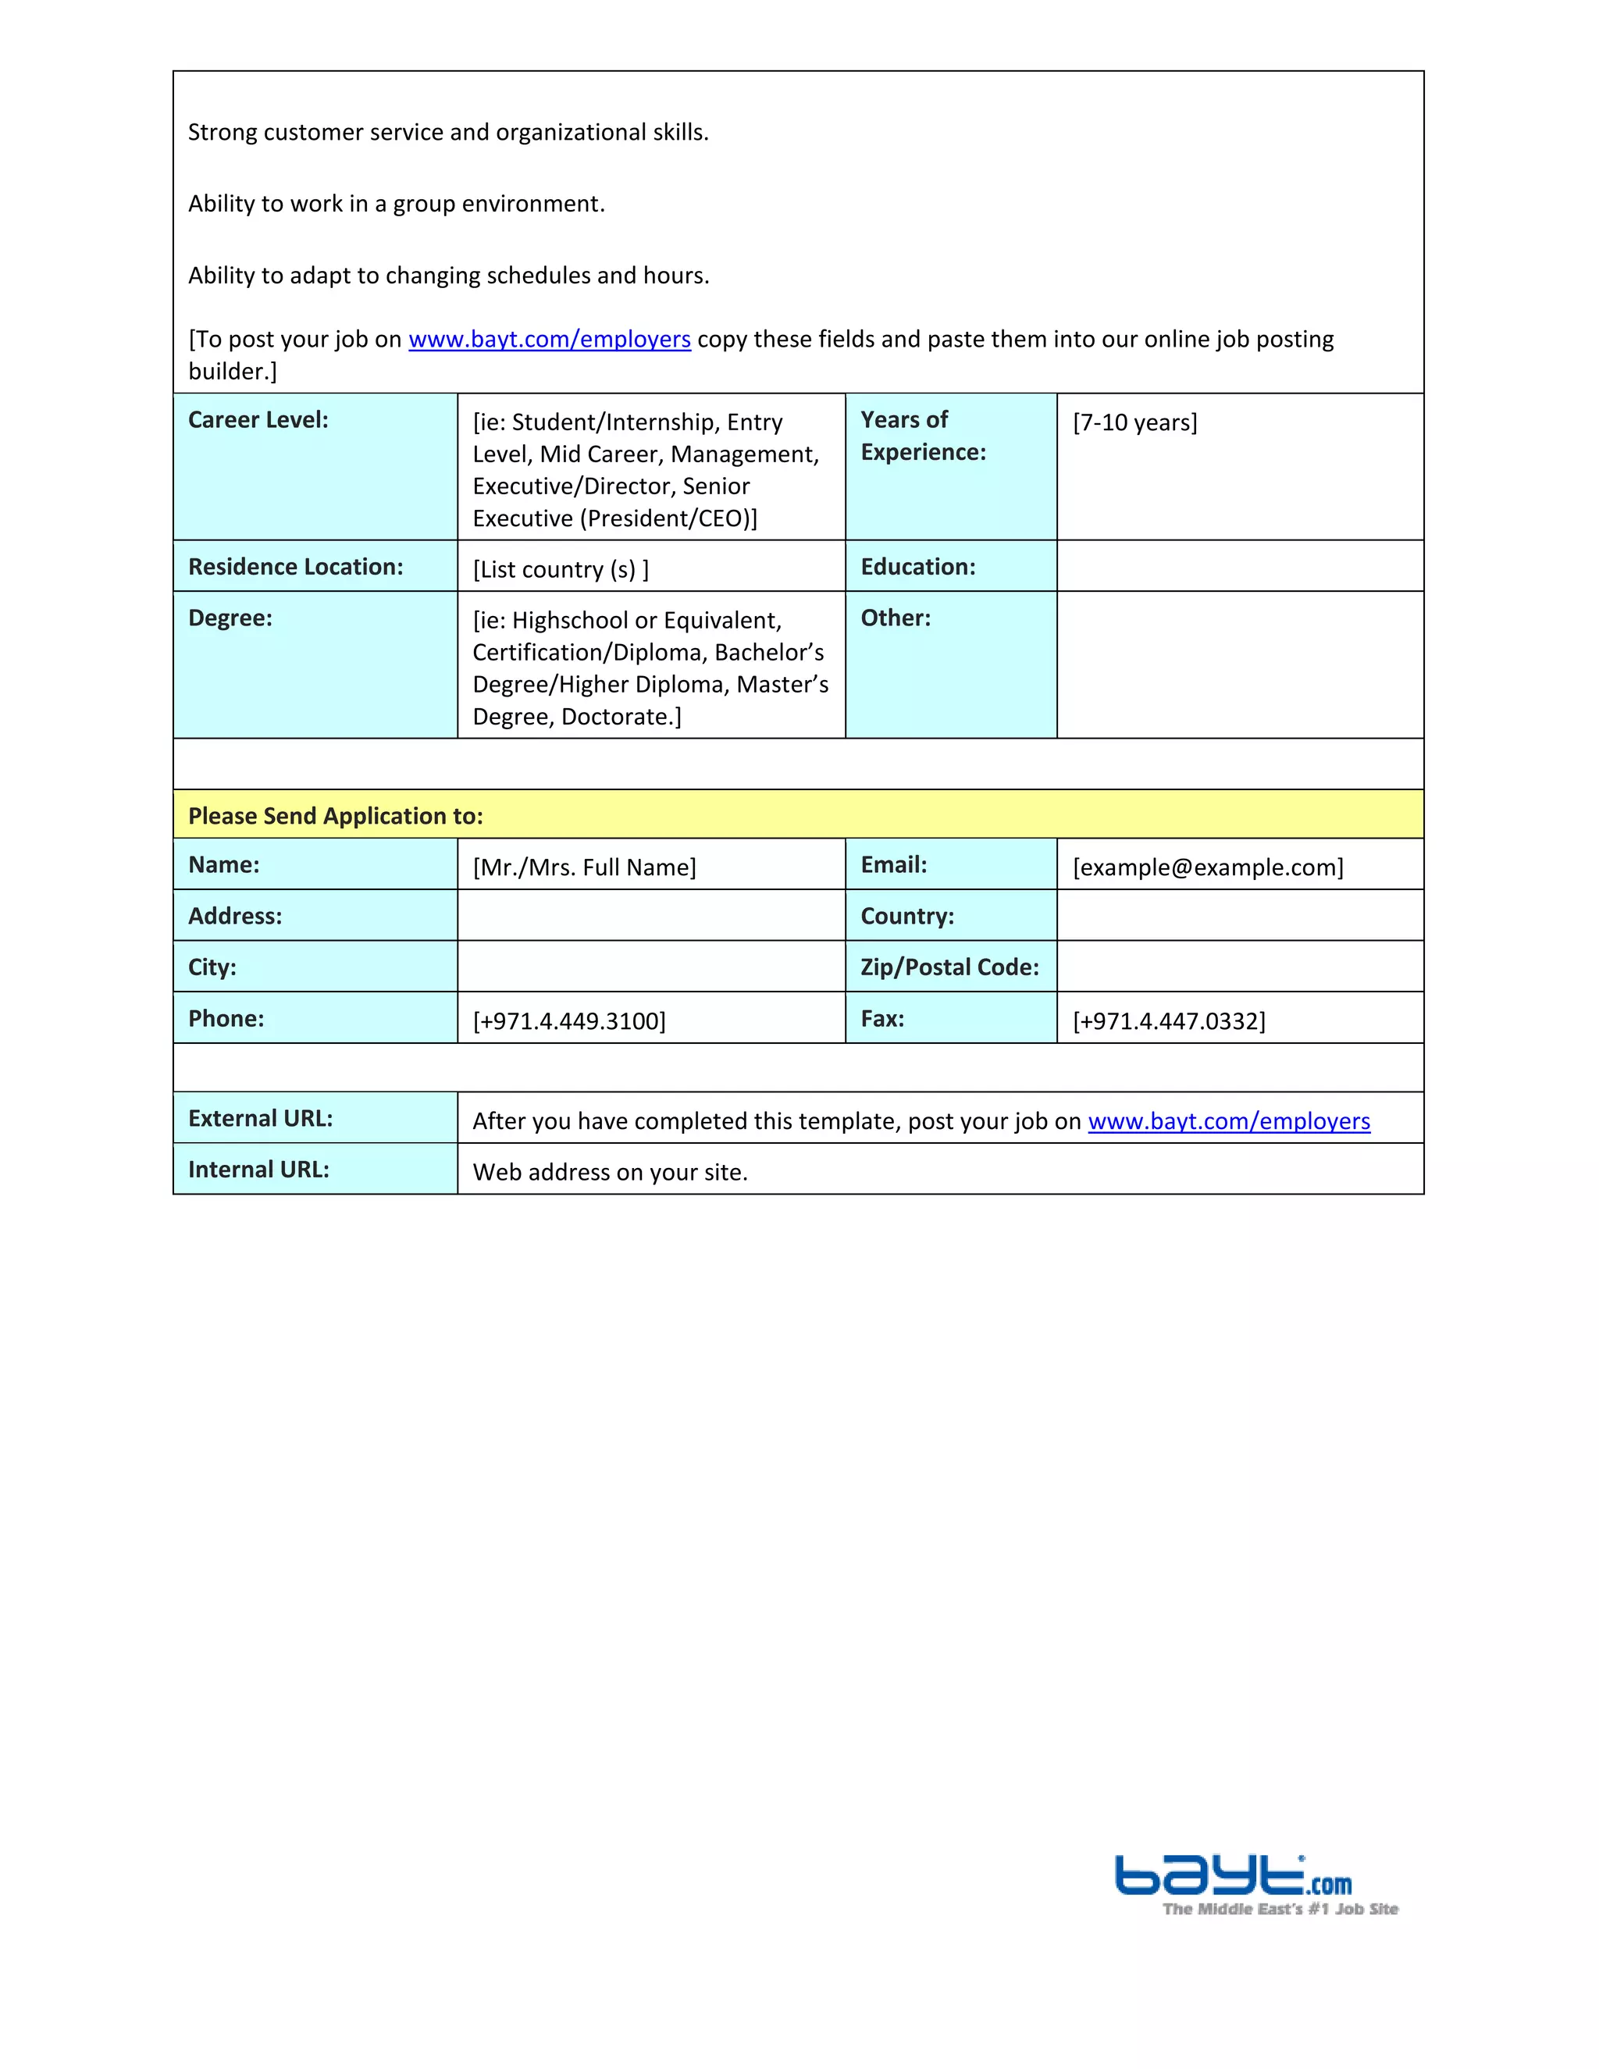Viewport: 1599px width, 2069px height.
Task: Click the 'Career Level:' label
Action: (258, 421)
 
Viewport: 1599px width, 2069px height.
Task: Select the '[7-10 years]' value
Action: (1134, 422)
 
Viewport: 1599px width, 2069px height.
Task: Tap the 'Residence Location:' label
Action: (296, 568)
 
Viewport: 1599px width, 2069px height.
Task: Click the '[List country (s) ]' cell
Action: (560, 569)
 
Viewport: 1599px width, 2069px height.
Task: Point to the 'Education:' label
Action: (917, 568)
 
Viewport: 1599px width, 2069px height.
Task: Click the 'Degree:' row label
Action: (230, 618)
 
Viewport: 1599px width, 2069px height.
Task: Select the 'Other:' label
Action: (896, 618)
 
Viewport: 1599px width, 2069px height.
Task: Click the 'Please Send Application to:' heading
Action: (335, 817)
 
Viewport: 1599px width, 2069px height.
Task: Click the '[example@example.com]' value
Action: (1207, 867)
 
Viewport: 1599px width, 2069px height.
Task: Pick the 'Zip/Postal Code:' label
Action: (949, 967)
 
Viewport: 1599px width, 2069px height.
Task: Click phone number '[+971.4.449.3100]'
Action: (568, 1021)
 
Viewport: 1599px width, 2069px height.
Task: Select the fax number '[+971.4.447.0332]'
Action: (1168, 1021)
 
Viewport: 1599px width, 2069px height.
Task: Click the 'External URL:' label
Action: (261, 1119)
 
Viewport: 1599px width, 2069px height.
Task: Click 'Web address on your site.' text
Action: (610, 1173)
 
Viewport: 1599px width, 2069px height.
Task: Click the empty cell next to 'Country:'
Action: (1239, 916)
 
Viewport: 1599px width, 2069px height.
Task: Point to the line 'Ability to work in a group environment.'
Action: (396, 205)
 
